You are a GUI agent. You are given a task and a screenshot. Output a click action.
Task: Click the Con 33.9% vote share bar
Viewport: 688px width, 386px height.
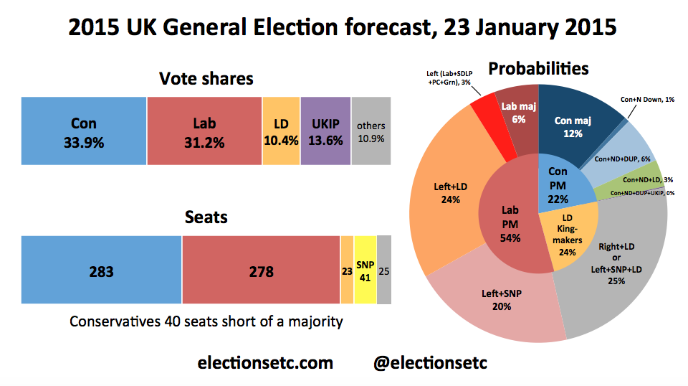pyautogui.click(x=84, y=131)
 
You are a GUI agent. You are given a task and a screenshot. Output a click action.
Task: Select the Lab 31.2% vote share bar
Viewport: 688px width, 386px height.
pyautogui.click(x=204, y=131)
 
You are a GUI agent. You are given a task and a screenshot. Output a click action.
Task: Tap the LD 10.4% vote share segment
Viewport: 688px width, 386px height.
pyautogui.click(x=281, y=131)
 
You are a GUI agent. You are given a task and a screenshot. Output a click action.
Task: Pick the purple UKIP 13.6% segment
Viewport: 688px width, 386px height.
pyautogui.click(x=325, y=131)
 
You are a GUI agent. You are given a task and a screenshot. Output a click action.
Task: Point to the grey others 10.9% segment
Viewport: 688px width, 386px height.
pyautogui.click(x=371, y=131)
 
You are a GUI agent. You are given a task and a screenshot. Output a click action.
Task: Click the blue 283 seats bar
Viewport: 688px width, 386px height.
pyautogui.click(x=101, y=270)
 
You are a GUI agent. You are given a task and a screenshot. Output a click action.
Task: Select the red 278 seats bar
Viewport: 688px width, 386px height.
pyautogui.click(x=261, y=270)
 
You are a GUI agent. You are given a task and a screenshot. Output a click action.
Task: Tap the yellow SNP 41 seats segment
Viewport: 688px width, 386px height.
pyautogui.click(x=365, y=270)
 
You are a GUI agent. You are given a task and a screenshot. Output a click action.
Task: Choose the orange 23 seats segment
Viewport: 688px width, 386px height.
pyautogui.click(x=347, y=270)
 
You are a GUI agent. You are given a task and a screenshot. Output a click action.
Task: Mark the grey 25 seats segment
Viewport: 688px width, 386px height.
pyautogui.click(x=384, y=270)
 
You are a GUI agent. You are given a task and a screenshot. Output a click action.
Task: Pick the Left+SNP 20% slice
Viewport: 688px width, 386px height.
pyautogui.click(x=500, y=303)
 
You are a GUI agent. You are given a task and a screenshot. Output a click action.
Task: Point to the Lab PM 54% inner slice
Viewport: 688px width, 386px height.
pyautogui.click(x=510, y=224)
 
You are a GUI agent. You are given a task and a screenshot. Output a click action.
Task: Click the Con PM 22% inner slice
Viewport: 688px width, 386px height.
pyautogui.click(x=562, y=182)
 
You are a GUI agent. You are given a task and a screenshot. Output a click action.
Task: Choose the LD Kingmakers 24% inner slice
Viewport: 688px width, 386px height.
pyautogui.click(x=568, y=235)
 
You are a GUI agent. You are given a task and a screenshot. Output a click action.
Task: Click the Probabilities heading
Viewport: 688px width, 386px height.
pyautogui.click(x=538, y=68)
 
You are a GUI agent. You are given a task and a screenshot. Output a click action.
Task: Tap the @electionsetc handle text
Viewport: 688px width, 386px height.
pyautogui.click(x=430, y=363)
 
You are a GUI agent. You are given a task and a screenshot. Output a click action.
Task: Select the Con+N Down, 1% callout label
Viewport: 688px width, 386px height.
pyautogui.click(x=647, y=100)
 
